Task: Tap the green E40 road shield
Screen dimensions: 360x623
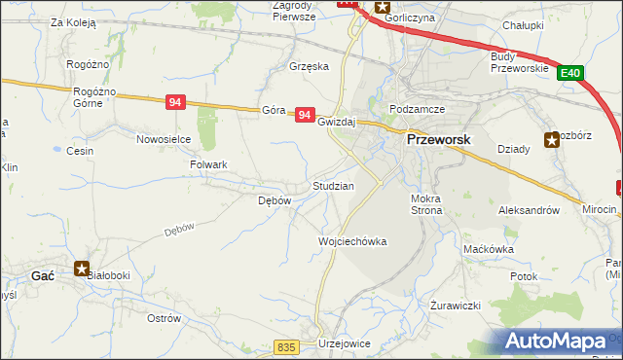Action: (x=571, y=73)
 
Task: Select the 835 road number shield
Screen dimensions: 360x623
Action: (x=285, y=347)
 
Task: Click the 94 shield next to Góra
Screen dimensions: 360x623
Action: (x=305, y=115)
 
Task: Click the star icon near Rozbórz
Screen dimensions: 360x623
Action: (x=552, y=138)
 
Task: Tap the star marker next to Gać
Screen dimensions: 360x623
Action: (x=83, y=268)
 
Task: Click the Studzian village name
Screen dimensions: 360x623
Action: (x=333, y=185)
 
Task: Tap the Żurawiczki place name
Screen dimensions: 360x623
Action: (x=457, y=306)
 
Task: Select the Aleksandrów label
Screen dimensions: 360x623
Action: (x=529, y=210)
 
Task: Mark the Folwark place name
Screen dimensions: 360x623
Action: (x=207, y=165)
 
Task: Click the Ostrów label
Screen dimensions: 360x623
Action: (x=164, y=318)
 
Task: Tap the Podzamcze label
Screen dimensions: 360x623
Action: (x=417, y=109)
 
